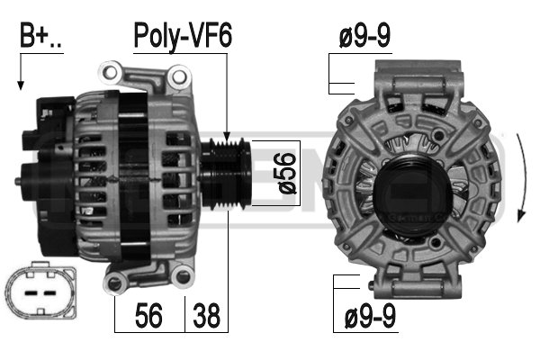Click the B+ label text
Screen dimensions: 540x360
click(40, 35)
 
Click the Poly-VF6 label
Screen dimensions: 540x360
click(183, 36)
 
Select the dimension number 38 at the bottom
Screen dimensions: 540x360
click(206, 315)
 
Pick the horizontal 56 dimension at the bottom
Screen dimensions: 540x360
click(148, 315)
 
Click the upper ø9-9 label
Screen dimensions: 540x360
click(364, 36)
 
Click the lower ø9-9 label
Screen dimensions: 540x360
click(370, 316)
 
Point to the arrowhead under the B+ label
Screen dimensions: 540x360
click(21, 85)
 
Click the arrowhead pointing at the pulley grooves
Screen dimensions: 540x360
click(227, 136)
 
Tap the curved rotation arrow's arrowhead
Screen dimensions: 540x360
click(521, 216)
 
